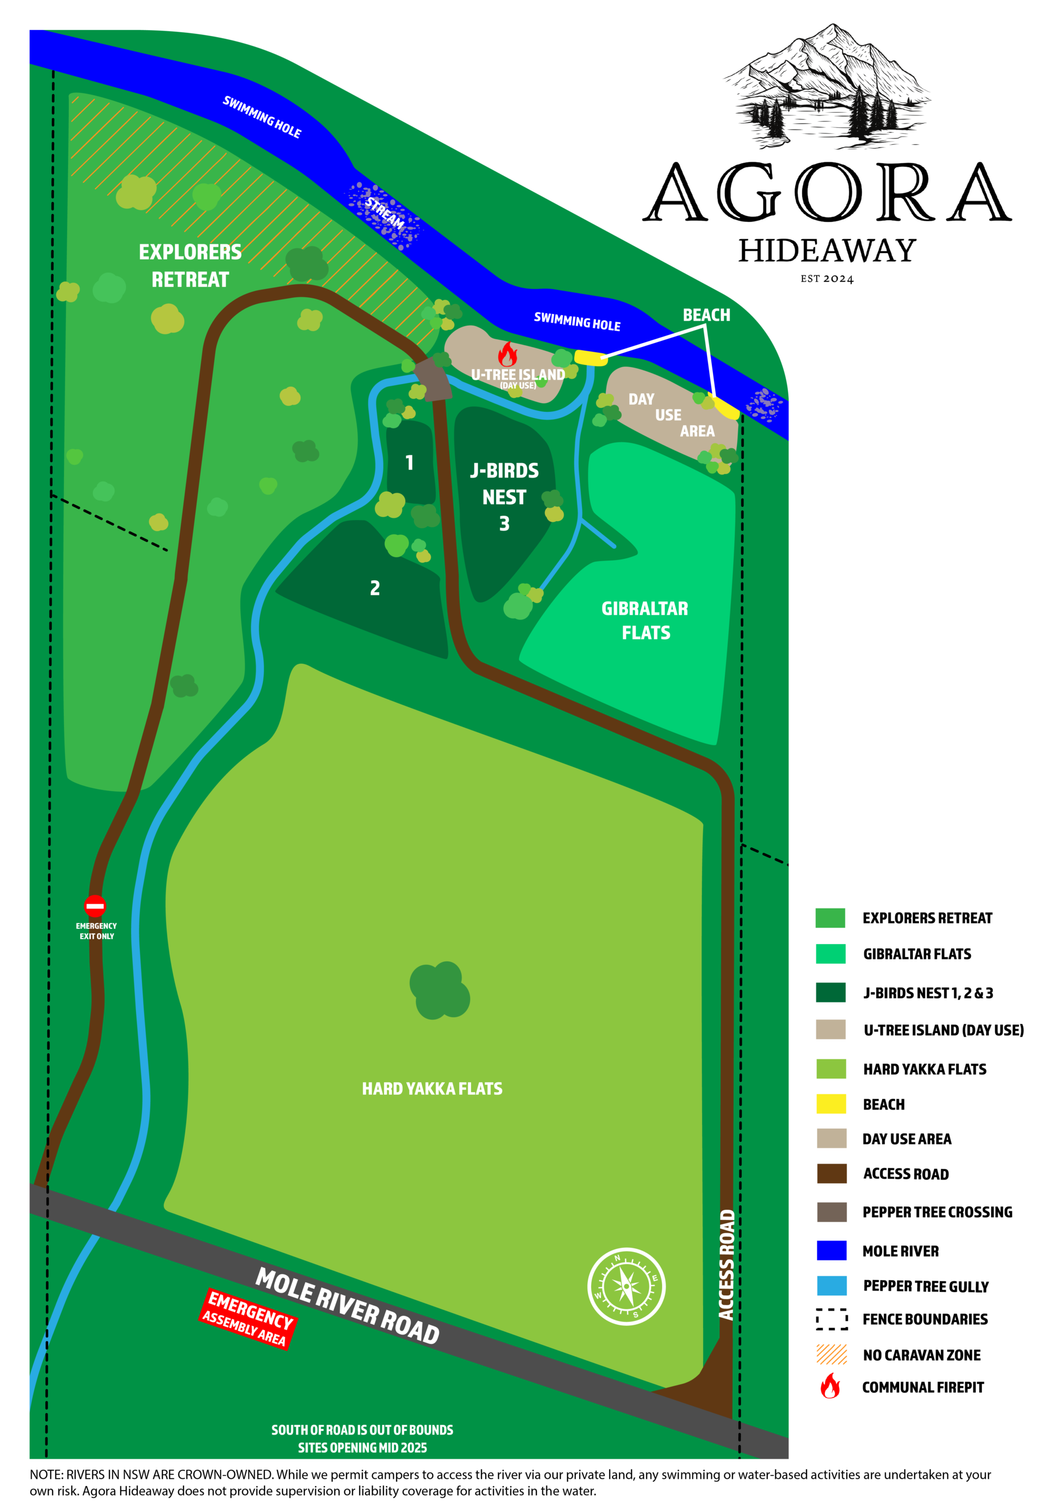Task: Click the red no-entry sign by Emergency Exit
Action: point(95,905)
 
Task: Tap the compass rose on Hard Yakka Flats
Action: point(626,1286)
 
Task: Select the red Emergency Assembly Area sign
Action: point(248,1318)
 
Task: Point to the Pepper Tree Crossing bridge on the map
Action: point(434,379)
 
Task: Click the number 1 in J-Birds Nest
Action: point(409,463)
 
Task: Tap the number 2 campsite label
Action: point(375,587)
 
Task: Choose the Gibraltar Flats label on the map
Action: point(645,620)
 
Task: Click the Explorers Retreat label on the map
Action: point(190,266)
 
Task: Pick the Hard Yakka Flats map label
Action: point(432,1089)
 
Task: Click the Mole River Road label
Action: point(347,1306)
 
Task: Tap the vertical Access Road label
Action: point(726,1264)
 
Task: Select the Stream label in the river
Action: point(385,212)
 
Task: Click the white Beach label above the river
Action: point(706,315)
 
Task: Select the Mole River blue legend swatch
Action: point(831,1251)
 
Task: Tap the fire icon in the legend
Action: point(830,1387)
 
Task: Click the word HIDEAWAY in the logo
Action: point(827,250)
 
